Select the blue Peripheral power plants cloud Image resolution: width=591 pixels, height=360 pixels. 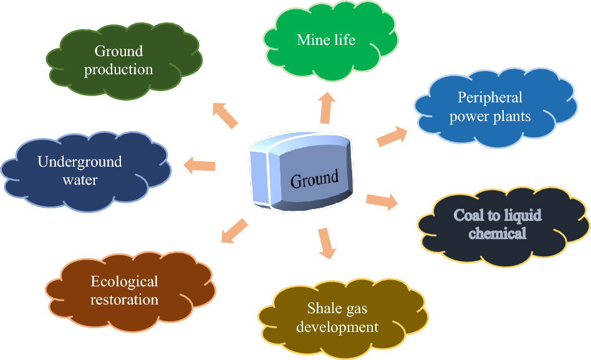pyautogui.click(x=490, y=106)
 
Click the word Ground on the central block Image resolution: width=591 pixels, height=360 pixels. pyautogui.click(x=314, y=179)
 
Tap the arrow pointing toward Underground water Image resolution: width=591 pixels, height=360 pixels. pyautogui.click(x=199, y=165)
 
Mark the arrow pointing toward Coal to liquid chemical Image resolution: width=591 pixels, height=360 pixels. pyautogui.click(x=382, y=201)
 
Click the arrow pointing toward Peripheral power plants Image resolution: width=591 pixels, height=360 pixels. pyautogui.click(x=392, y=137)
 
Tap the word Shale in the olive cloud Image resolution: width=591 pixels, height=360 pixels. pyautogui.click(x=322, y=308)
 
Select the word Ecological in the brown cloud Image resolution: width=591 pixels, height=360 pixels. pyautogui.click(x=125, y=282)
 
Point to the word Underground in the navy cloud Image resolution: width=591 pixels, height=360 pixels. pyautogui.click(x=80, y=162)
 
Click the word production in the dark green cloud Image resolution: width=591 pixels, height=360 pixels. pyautogui.click(x=118, y=69)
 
